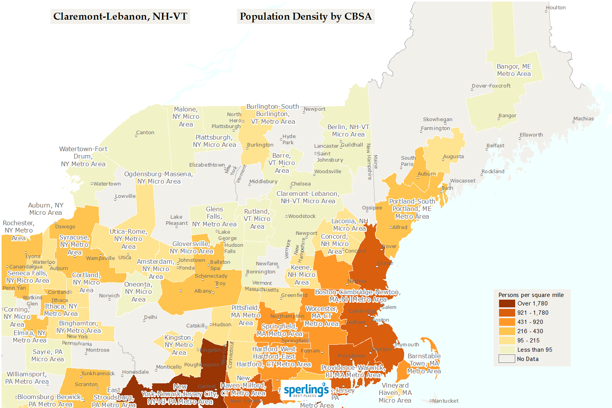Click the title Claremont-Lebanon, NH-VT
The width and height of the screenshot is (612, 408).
coord(120,16)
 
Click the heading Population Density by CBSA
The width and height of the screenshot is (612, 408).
coord(305,16)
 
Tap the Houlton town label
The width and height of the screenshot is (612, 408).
coord(556,7)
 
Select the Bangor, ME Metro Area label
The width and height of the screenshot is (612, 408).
coord(514,70)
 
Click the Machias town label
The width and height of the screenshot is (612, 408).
coord(583,118)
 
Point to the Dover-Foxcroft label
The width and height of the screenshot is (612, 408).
coord(491,86)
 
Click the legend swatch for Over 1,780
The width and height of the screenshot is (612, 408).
coord(507,303)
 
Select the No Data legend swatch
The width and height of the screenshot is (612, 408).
coord(507,359)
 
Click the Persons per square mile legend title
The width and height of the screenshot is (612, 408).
coord(531,295)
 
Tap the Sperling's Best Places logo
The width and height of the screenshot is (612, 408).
coord(306,390)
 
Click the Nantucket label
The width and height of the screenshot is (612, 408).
coord(445,401)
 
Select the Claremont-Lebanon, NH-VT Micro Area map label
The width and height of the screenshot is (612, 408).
coord(308,197)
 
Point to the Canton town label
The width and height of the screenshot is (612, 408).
coord(145,132)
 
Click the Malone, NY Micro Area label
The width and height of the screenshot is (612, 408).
coord(185,116)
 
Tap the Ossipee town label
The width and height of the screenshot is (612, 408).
coord(372,207)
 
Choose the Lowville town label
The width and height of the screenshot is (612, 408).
coord(125,196)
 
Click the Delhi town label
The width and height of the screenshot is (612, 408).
coord(150,317)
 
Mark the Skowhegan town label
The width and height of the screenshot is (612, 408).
coord(437,119)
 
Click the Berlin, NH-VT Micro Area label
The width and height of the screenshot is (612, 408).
coord(348,131)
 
